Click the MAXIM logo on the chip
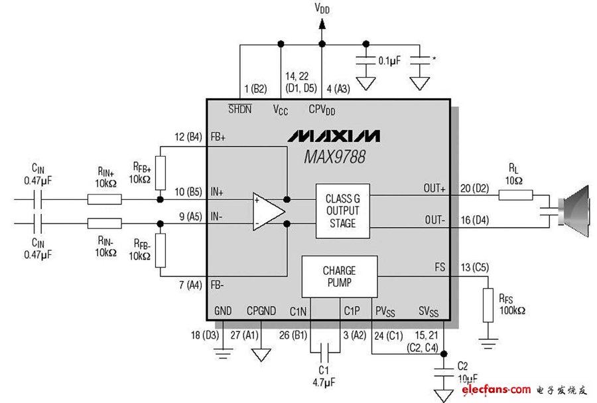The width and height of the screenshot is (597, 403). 334,136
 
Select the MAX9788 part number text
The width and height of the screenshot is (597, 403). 334,157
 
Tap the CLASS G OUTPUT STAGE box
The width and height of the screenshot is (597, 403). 342,211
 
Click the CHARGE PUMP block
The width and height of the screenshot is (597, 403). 339,276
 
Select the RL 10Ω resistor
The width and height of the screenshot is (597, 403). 515,195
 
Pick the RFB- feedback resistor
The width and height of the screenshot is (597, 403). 160,250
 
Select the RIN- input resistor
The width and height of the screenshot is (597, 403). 104,224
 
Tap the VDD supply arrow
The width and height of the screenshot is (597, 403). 322,25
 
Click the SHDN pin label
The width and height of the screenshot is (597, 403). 239,109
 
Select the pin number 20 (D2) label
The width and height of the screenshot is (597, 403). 474,188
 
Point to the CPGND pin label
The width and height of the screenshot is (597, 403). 261,310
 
